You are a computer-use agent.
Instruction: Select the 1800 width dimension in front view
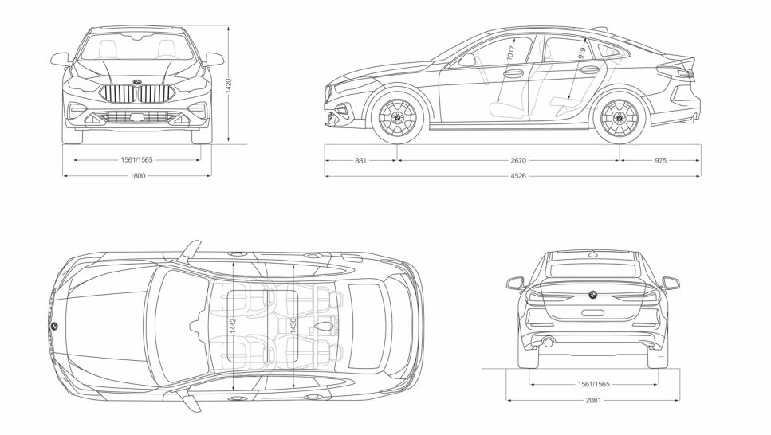(x=137, y=175)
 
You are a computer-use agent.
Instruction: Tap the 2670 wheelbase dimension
(x=517, y=160)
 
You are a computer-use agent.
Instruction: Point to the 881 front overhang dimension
(x=360, y=160)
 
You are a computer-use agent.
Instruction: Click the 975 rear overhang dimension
(x=660, y=160)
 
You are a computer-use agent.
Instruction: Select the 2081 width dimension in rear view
(x=592, y=399)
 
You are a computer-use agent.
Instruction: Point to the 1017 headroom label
(x=510, y=57)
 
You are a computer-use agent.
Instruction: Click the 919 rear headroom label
(x=581, y=53)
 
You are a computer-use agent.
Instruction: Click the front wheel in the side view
(x=394, y=118)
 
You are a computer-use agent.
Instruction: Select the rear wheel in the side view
(x=620, y=118)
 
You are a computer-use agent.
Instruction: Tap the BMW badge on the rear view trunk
(x=592, y=293)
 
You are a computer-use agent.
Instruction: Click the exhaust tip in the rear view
(x=548, y=343)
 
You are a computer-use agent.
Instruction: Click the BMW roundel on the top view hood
(x=53, y=327)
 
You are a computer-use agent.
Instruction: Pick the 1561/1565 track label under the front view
(x=137, y=160)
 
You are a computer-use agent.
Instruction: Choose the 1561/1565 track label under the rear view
(x=592, y=384)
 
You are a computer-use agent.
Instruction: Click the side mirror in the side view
(x=466, y=59)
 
